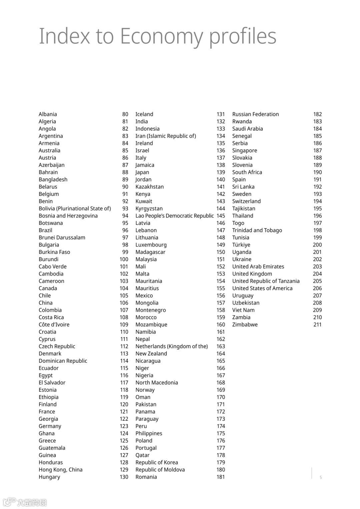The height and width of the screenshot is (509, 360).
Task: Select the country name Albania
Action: click(48, 114)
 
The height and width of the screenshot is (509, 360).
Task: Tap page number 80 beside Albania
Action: click(125, 114)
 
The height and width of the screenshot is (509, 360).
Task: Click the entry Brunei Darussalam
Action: click(62, 238)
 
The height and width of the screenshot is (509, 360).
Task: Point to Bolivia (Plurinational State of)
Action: click(75, 209)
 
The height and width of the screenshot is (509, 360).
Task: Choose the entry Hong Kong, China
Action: click(60, 470)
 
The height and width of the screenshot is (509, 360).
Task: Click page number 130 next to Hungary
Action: click(124, 477)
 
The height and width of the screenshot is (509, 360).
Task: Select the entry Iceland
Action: click(144, 114)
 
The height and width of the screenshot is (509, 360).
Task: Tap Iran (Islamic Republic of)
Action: click(165, 136)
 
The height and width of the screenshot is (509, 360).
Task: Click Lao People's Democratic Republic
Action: click(174, 216)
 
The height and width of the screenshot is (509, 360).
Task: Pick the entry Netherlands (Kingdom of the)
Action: click(171, 346)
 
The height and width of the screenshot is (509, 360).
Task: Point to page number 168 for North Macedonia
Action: click(221, 383)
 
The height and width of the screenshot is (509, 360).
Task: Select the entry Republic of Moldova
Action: click(160, 470)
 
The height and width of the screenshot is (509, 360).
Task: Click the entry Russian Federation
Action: click(255, 114)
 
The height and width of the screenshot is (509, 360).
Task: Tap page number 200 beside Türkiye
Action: click(317, 245)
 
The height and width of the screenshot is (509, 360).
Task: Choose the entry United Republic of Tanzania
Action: click(266, 281)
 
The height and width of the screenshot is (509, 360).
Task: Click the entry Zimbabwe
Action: click(245, 325)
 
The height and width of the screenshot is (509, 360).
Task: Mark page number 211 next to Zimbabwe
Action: click(317, 325)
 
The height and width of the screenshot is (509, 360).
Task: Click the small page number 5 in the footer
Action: click(321, 477)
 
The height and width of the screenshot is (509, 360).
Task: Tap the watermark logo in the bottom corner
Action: click(25, 502)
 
